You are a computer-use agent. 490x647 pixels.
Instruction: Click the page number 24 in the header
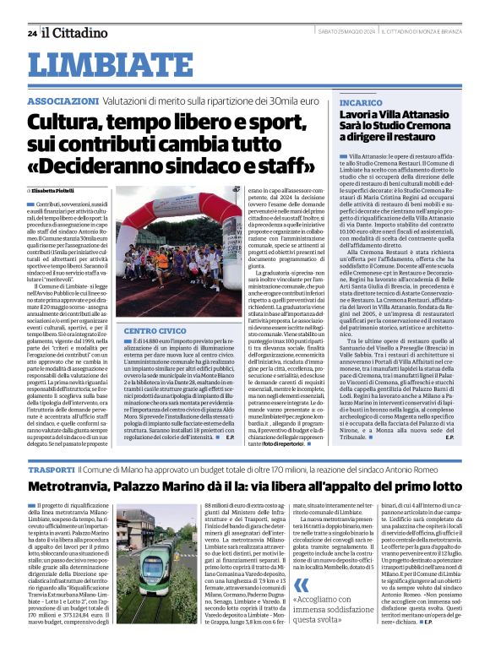(31, 33)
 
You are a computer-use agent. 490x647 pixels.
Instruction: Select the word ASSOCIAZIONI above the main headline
(59, 101)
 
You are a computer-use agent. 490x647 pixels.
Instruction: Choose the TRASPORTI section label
(50, 469)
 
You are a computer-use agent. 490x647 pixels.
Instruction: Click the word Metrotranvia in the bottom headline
(85, 488)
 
